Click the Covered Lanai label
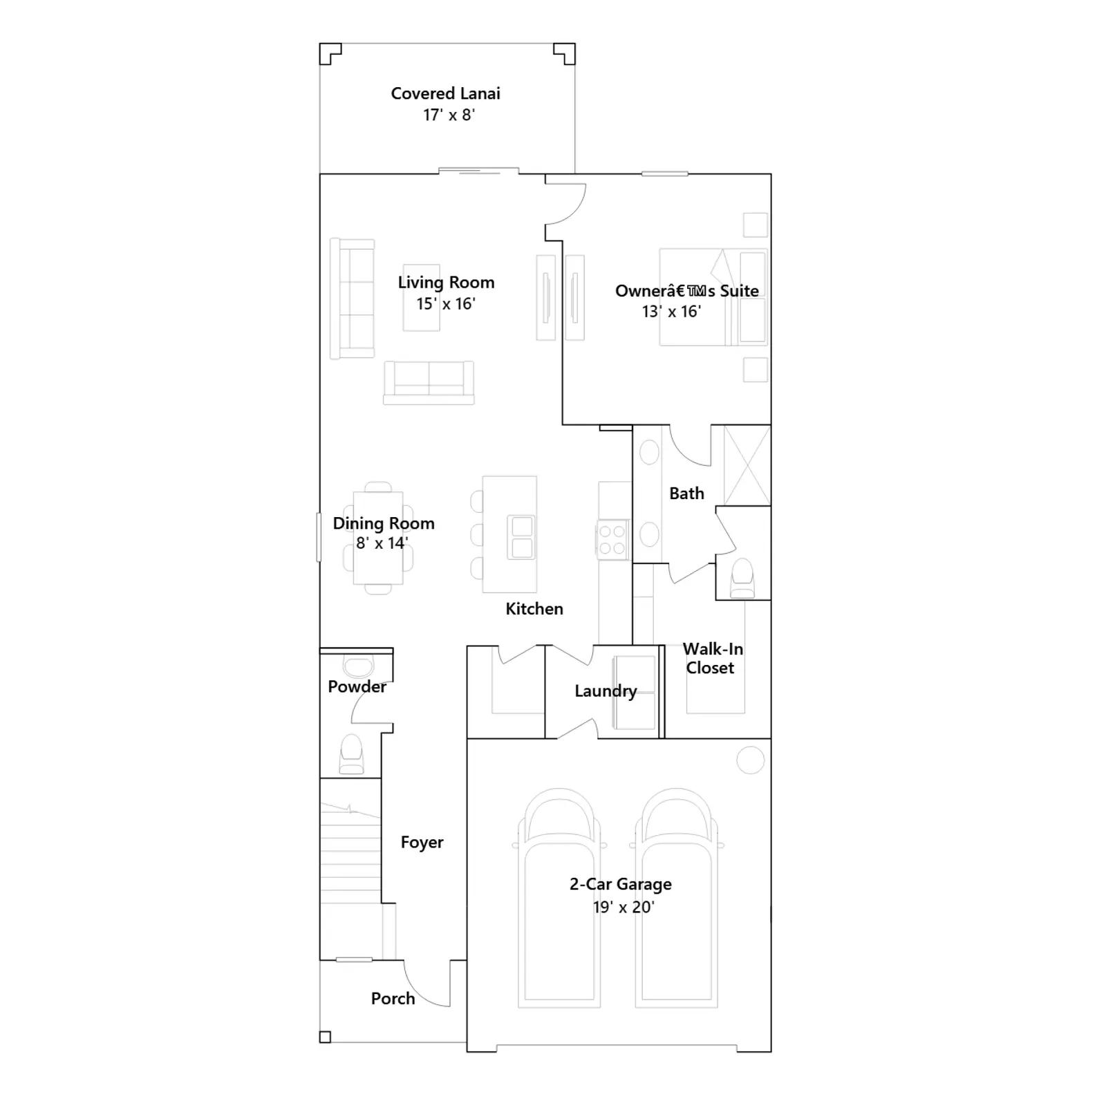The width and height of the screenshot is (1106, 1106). tap(446, 93)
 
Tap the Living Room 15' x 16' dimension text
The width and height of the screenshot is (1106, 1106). tap(446, 303)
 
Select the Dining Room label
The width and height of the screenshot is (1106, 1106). tap(384, 523)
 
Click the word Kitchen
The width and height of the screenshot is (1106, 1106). tap(534, 609)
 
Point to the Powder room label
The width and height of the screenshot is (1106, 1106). tap(357, 686)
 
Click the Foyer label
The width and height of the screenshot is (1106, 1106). tap(422, 843)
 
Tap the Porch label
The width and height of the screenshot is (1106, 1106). tap(393, 999)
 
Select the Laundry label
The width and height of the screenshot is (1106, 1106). tap(606, 691)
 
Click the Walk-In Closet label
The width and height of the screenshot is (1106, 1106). tap(713, 658)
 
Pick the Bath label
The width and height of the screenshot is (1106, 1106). tap(686, 494)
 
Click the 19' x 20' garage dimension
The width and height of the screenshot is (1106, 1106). tap(624, 907)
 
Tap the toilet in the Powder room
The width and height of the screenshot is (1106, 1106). tap(351, 754)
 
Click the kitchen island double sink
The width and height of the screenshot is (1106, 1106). tap(522, 537)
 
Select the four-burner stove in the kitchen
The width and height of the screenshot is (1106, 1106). tap(612, 540)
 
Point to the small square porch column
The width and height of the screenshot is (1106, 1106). tap(325, 1037)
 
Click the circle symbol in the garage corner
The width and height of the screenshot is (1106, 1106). tap(751, 760)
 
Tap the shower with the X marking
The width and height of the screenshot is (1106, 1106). tap(747, 465)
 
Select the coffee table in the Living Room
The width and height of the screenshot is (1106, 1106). tap(422, 298)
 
